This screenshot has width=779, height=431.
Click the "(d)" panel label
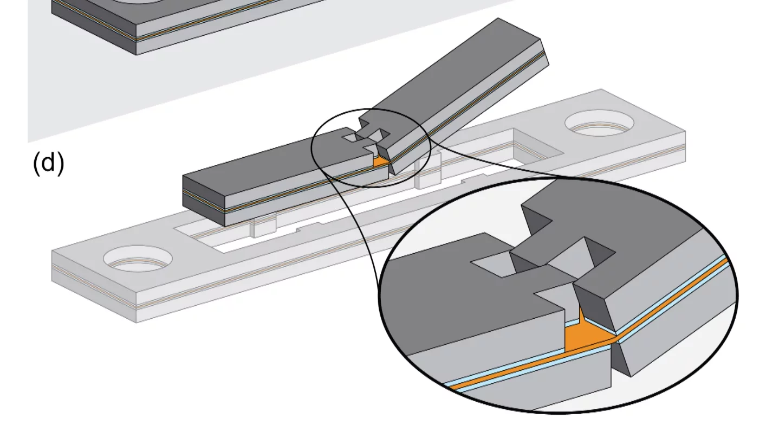pyautogui.click(x=48, y=163)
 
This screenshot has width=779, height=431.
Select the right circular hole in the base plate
pyautogui.click(x=600, y=123)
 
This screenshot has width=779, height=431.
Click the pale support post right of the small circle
pyautogui.click(x=426, y=172)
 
